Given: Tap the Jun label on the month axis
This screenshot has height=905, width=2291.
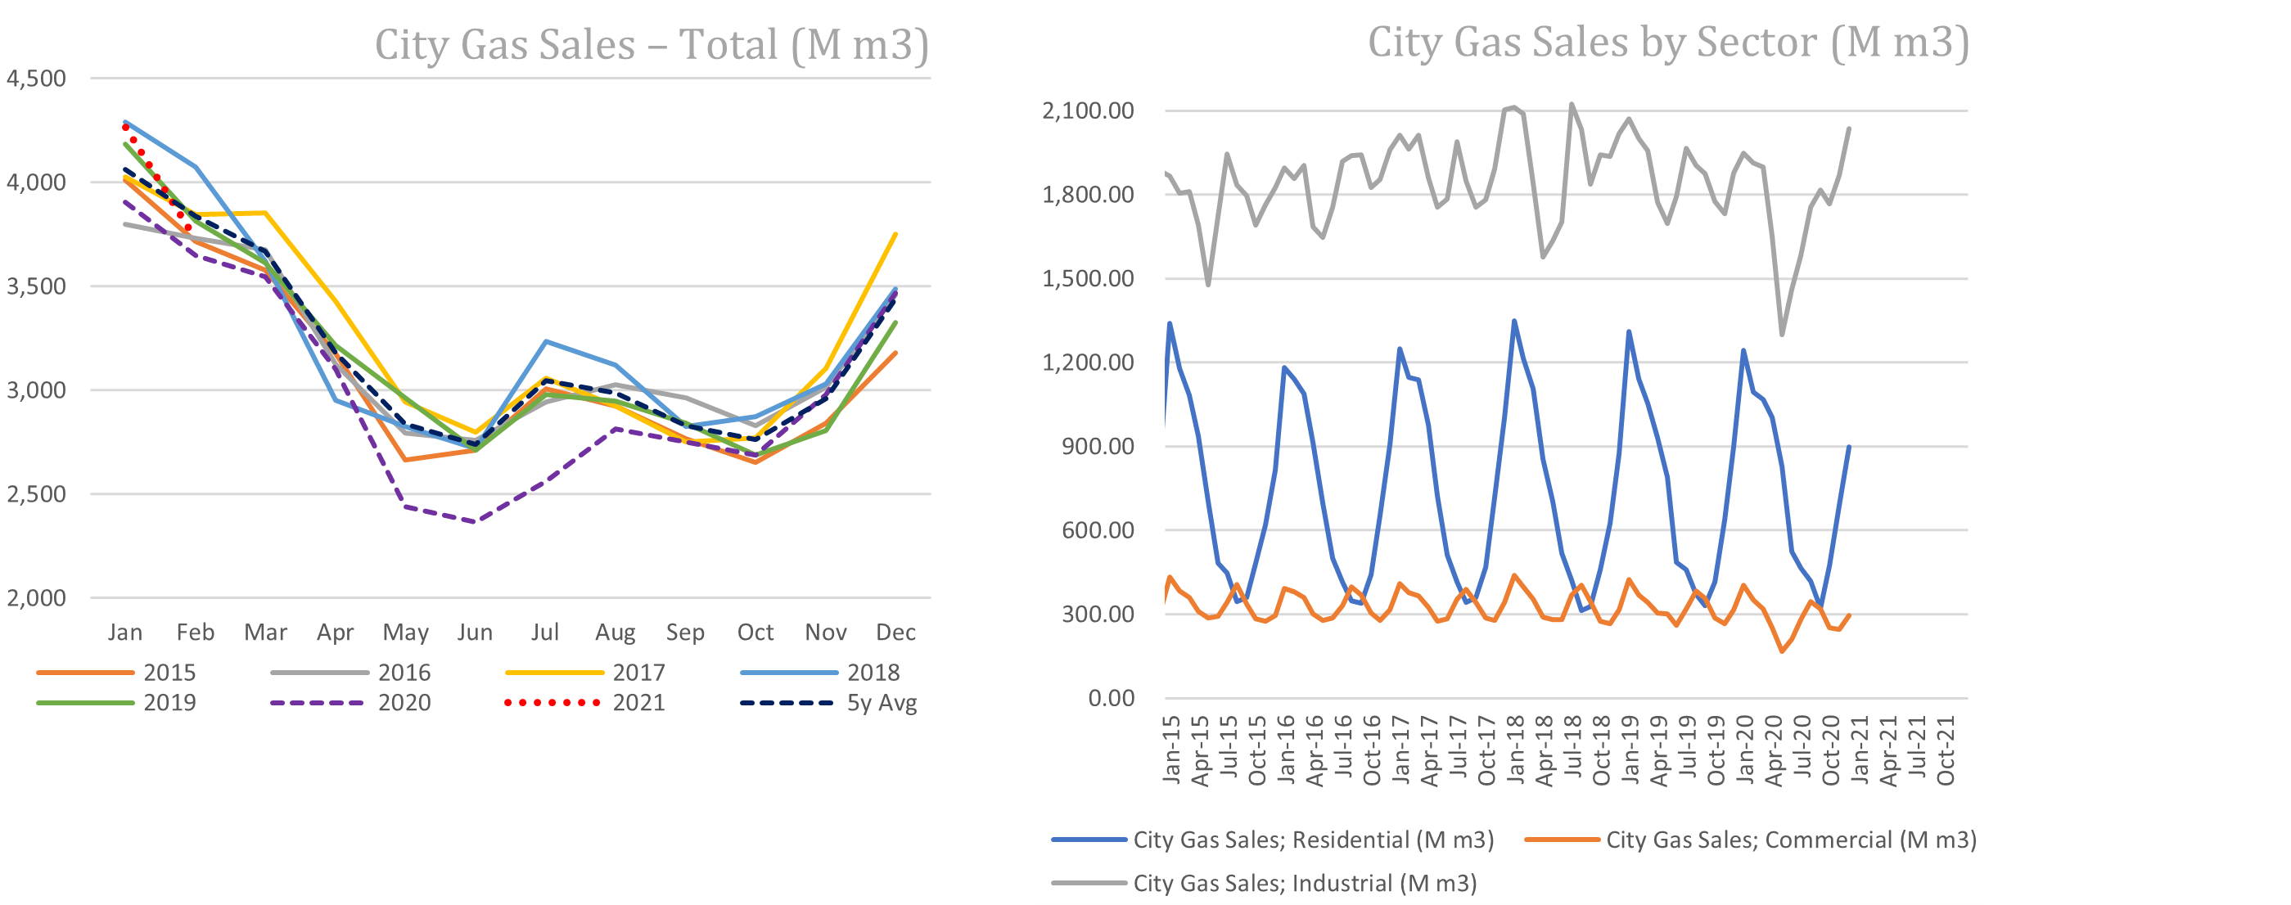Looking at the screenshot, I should [475, 632].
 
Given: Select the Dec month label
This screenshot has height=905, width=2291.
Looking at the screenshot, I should [895, 632].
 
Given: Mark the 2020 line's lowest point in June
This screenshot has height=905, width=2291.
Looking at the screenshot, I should [475, 522].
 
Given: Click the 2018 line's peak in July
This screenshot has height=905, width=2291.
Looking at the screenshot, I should [545, 341].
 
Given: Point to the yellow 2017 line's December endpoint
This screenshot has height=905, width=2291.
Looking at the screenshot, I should [895, 234].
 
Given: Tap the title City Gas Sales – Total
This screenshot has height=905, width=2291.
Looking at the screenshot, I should [651, 44].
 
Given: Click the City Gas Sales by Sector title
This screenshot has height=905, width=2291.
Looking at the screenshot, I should [1668, 42].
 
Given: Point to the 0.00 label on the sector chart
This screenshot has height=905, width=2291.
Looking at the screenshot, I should [1111, 699].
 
